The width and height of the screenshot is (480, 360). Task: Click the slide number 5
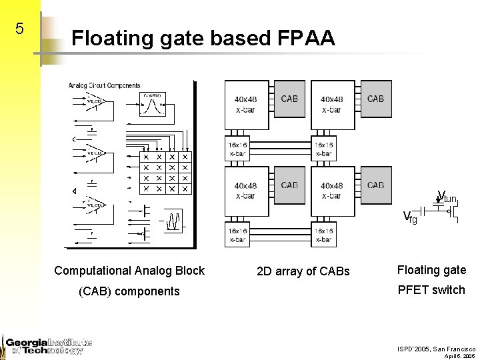click(19, 29)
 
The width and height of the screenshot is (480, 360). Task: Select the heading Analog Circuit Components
click(104, 85)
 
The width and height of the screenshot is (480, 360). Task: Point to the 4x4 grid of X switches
click(165, 173)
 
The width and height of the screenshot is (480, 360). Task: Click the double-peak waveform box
click(173, 219)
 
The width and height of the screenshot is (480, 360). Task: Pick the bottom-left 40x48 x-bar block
click(245, 191)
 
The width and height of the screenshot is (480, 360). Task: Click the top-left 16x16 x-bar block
click(237, 149)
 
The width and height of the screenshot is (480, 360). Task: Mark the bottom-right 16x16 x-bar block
click(323, 235)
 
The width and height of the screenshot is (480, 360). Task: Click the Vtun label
click(446, 197)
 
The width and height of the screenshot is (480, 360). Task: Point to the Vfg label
click(410, 217)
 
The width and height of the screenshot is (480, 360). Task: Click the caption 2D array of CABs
click(303, 271)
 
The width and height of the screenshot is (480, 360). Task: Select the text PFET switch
click(431, 289)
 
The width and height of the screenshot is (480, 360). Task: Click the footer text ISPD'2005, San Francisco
click(437, 349)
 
